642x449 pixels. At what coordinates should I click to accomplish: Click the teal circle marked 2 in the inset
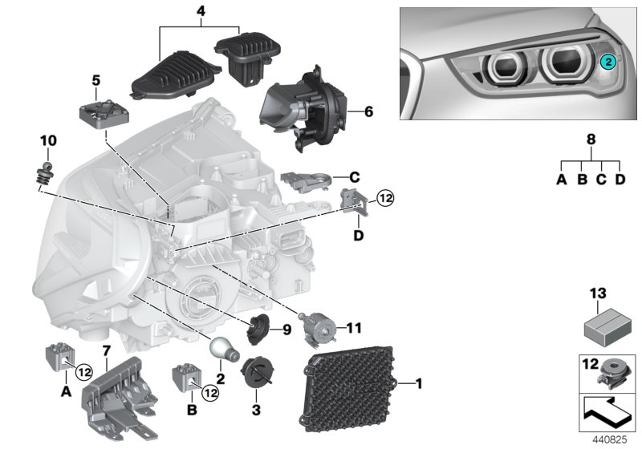(609, 61)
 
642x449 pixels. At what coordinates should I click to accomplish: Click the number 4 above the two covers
(201, 12)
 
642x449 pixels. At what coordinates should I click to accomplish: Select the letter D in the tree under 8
(620, 180)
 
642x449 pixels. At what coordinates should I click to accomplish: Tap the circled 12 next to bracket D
(386, 197)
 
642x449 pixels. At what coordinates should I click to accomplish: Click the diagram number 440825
(609, 440)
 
